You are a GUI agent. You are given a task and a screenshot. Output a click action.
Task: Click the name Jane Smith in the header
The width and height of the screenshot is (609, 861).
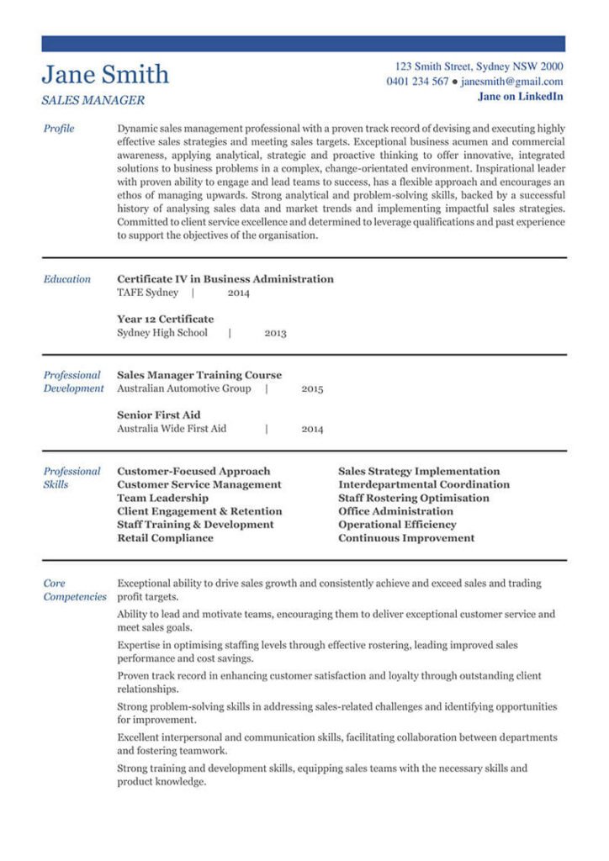[x=105, y=75]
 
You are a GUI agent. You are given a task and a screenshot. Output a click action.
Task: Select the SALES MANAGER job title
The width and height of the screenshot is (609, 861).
[x=93, y=100]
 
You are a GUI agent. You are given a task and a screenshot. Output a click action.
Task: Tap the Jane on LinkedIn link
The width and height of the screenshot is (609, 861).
[x=521, y=97]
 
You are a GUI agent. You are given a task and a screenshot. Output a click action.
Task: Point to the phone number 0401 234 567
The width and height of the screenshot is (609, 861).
[x=417, y=82]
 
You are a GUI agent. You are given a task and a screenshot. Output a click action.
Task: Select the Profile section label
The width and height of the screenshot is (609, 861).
[x=59, y=129]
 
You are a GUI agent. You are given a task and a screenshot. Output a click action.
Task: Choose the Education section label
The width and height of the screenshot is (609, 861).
[x=67, y=279]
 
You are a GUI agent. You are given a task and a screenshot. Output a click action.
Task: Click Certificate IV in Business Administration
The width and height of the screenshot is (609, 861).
[x=225, y=279]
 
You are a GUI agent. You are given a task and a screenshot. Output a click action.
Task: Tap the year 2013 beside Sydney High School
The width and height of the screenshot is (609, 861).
[x=275, y=333]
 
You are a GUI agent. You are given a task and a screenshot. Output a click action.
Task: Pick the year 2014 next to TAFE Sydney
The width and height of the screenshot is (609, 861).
[x=238, y=293]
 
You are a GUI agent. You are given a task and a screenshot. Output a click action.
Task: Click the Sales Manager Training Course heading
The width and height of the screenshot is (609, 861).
[x=199, y=375]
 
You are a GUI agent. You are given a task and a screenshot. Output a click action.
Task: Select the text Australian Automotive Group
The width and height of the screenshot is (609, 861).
[x=184, y=388]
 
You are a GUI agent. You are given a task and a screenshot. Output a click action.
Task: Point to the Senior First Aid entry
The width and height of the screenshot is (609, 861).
[x=159, y=415]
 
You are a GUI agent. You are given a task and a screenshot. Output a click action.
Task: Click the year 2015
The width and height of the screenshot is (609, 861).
[x=312, y=389]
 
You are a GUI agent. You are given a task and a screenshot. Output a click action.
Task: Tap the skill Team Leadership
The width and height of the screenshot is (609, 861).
[x=162, y=498]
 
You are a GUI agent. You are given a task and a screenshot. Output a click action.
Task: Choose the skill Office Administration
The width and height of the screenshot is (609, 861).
[x=395, y=511]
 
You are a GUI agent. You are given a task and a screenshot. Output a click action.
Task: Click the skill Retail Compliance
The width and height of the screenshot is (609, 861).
[x=165, y=537]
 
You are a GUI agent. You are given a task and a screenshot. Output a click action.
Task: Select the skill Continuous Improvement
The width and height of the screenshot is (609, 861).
[x=406, y=537]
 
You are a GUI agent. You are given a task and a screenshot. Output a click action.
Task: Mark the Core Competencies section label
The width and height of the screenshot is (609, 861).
[x=75, y=589]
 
